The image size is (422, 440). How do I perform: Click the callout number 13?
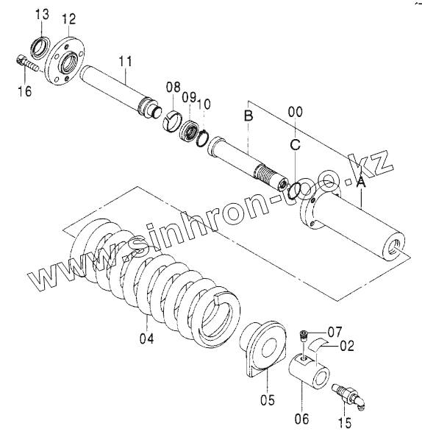pyautogui.click(x=42, y=14)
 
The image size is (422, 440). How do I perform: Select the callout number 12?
pyautogui.click(x=69, y=19)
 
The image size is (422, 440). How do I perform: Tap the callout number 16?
pyautogui.click(x=25, y=91)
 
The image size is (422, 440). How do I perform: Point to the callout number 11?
pyautogui.click(x=125, y=61)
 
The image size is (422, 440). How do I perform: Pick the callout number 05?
pyautogui.click(x=267, y=400)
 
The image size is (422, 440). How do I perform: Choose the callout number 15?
pyautogui.click(x=344, y=422)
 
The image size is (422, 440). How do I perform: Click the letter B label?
pyautogui.click(x=248, y=116)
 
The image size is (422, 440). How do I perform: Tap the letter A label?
pyautogui.click(x=361, y=182)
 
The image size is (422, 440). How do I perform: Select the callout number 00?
pyautogui.click(x=296, y=112)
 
